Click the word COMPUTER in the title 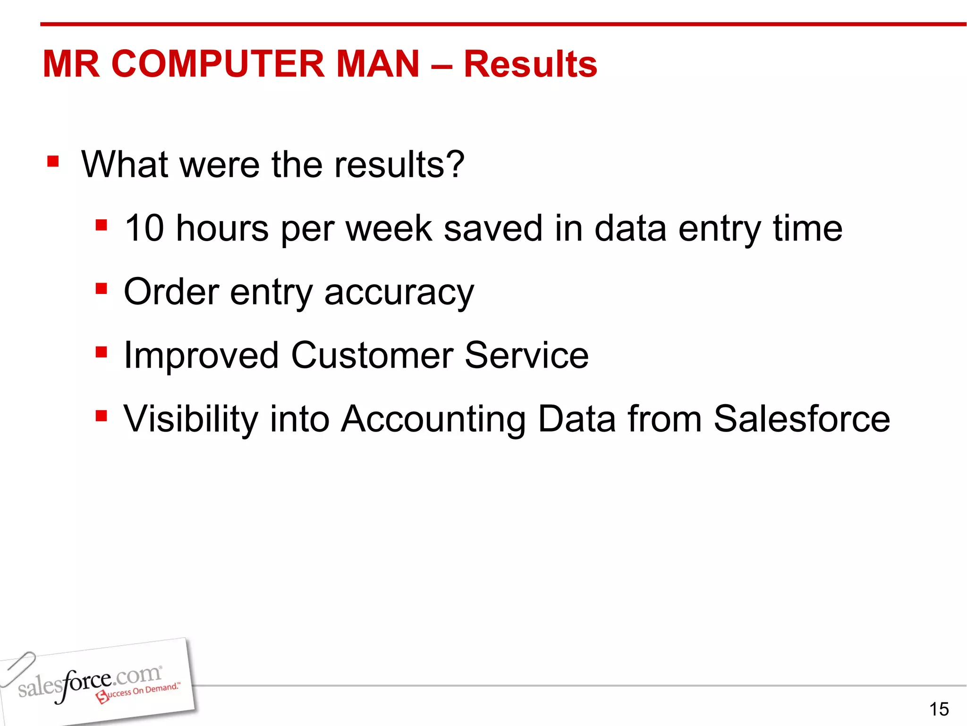pyautogui.click(x=218, y=64)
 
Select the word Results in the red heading pyautogui.click(x=530, y=64)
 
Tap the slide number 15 pyautogui.click(x=939, y=709)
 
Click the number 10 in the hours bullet pyautogui.click(x=144, y=228)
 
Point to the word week pyautogui.click(x=389, y=228)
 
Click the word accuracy pyautogui.click(x=399, y=292)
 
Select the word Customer pyautogui.click(x=372, y=355)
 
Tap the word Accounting pyautogui.click(x=433, y=419)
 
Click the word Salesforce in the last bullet pyautogui.click(x=801, y=419)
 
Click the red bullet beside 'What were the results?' pyautogui.click(x=53, y=162)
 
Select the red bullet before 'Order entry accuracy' pyautogui.click(x=101, y=288)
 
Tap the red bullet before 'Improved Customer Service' pyautogui.click(x=101, y=352)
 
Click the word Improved pyautogui.click(x=201, y=355)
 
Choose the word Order pyautogui.click(x=171, y=292)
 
